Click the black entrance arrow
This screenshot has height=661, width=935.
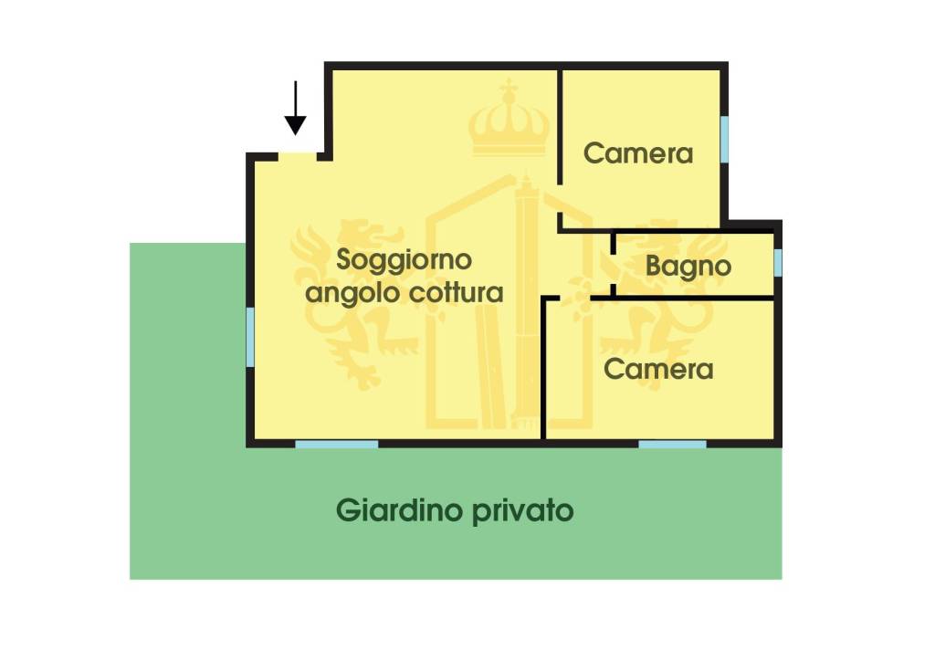tap(295, 109)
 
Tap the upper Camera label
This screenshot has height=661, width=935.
tap(638, 153)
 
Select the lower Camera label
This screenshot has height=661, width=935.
tap(658, 370)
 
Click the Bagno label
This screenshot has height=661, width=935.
tap(688, 267)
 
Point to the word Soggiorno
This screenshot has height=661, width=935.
tap(404, 260)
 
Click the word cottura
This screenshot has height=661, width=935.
tap(457, 294)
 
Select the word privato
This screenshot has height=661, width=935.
tap(523, 510)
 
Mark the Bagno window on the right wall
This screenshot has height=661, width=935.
tap(778, 262)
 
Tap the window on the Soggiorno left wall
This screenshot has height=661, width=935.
tap(249, 337)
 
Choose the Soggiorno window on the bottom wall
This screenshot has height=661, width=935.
tap(336, 444)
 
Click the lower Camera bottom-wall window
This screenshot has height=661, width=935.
tap(672, 444)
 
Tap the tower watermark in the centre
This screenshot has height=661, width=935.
tap(528, 301)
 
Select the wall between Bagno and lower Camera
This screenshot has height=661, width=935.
tap(694, 297)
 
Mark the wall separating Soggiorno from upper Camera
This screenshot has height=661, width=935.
tap(559, 146)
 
